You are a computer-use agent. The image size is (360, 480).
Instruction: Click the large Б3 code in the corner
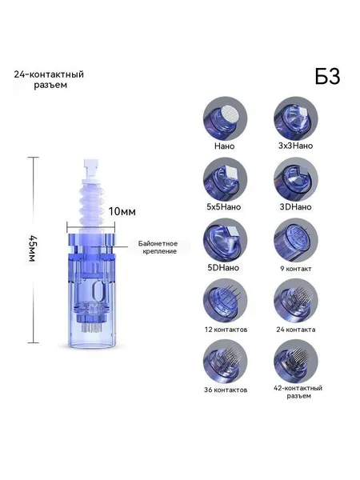point(327,76)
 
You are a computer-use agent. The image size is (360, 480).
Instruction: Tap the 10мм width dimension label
point(122,211)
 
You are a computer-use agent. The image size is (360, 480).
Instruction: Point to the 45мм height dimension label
point(32,248)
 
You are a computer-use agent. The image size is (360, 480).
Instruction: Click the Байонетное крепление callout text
point(158,247)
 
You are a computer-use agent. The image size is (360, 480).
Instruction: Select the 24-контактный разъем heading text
point(49,79)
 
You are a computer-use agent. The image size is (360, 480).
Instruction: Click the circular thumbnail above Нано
point(225,118)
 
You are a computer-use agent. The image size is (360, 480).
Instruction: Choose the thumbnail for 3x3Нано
point(296,118)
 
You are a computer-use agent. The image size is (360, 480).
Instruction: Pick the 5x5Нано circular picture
point(225,179)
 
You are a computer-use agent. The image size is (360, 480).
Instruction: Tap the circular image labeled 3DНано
point(296,179)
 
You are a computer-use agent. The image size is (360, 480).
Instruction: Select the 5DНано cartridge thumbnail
point(225,240)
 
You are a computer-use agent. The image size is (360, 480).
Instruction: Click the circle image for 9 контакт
point(296,240)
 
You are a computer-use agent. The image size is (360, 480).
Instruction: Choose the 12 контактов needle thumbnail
point(225,301)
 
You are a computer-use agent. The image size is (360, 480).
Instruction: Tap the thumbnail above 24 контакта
point(296,301)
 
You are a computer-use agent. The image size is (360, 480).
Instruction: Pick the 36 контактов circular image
point(225,362)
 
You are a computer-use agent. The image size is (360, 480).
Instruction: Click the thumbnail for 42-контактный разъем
point(296,362)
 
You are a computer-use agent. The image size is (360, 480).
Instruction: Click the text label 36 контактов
point(226,390)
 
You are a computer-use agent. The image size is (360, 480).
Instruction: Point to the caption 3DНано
point(295,207)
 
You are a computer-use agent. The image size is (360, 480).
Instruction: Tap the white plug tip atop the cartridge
point(91,168)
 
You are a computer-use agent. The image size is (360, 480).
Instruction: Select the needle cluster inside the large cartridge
point(91,329)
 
